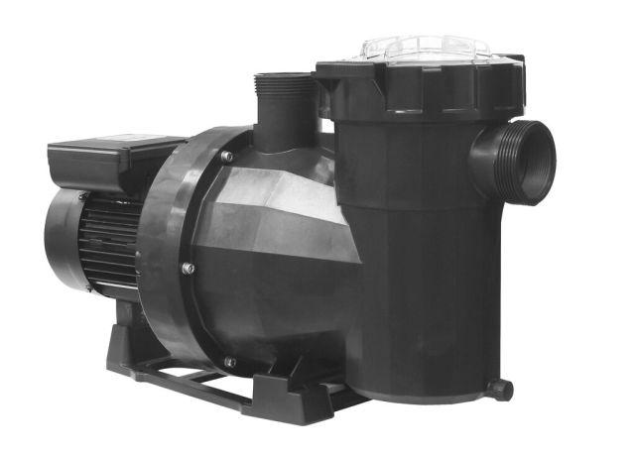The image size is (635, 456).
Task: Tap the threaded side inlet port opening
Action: [x=545, y=162]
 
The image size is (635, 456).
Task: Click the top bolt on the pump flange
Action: [x=226, y=157]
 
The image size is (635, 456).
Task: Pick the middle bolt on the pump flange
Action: [x=188, y=268]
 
